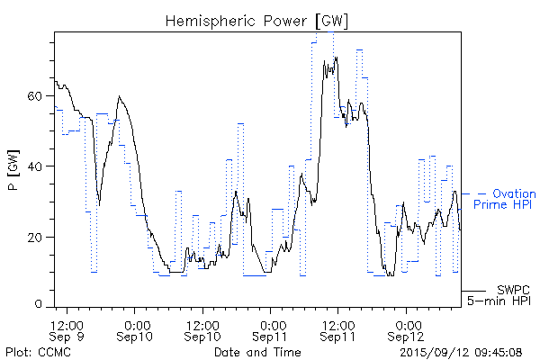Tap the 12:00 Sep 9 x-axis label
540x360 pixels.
(67, 330)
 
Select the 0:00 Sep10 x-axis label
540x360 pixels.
(136, 330)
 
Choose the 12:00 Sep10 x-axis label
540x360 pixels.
(203, 330)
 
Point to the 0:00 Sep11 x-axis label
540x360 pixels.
(271, 330)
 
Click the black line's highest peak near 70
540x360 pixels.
(336, 58)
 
